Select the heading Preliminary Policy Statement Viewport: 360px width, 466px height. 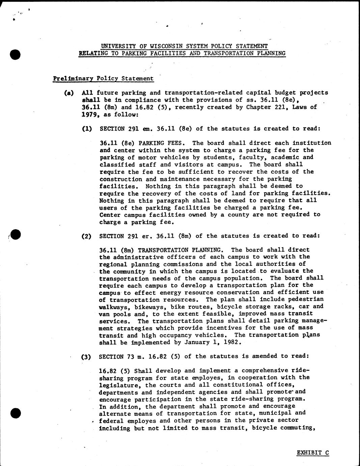tap(103, 79)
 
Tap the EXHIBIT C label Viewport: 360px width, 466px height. tap(313, 453)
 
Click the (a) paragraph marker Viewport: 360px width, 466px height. tap(69, 93)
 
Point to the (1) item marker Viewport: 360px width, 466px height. tap(87, 129)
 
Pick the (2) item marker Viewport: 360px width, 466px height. tap(87, 236)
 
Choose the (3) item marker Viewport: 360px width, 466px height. tap(87, 356)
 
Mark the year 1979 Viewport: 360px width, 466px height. tap(90, 114)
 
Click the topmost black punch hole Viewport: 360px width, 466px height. tap(16, 54)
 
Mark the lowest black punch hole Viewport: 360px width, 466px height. tap(16, 413)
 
